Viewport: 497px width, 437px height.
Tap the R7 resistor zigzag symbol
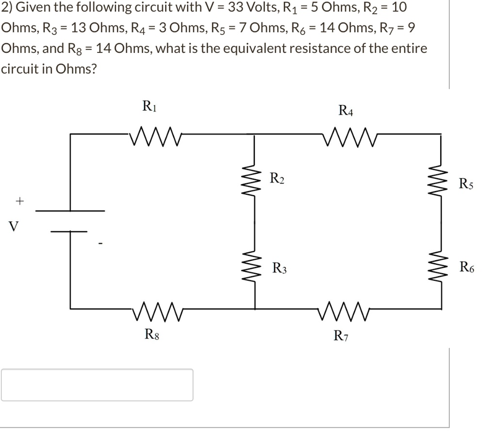click(346, 308)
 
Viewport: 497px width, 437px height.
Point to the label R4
click(346, 111)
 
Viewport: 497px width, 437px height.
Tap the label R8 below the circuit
click(151, 334)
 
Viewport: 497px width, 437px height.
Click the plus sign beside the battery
click(19, 200)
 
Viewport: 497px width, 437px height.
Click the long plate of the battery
click(70, 211)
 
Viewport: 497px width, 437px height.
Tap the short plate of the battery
click(69, 231)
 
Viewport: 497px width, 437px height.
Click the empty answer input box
click(97, 385)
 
